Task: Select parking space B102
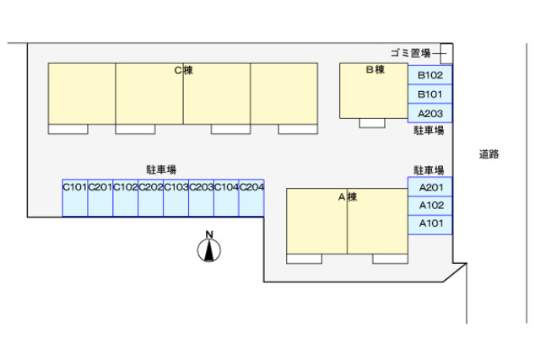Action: (x=430, y=75)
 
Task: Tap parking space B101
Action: (x=430, y=94)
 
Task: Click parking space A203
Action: (x=430, y=112)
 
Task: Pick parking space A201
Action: (x=430, y=187)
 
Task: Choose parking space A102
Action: (x=430, y=206)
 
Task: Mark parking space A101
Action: (x=430, y=224)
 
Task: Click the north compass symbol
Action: (x=209, y=249)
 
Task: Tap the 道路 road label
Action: (x=489, y=154)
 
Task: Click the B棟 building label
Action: (x=375, y=70)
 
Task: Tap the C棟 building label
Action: (x=183, y=70)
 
